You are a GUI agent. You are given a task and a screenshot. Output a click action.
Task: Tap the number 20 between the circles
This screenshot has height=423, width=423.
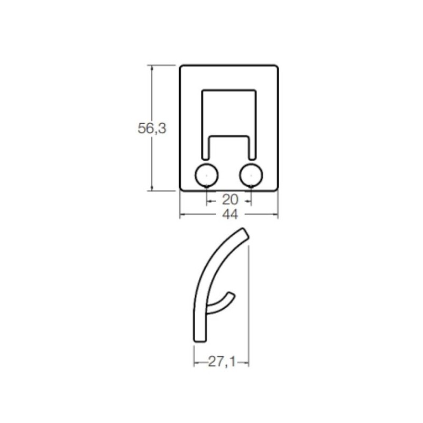[x=229, y=200]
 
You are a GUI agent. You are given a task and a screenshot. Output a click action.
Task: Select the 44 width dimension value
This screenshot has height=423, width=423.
[x=229, y=215]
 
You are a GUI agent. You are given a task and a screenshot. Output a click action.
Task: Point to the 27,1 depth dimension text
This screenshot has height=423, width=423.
[x=222, y=362]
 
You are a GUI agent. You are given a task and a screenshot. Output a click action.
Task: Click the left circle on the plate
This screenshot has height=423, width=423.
[x=206, y=174]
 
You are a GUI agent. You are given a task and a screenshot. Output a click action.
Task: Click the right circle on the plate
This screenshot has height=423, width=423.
[x=251, y=174]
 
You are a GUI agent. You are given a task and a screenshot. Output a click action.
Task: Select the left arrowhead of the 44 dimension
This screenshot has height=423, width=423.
[x=182, y=215]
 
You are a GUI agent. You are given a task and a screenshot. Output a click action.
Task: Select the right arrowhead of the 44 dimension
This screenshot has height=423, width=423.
[x=276, y=215]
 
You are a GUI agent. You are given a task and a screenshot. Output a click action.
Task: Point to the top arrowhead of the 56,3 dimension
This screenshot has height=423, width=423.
[x=152, y=67]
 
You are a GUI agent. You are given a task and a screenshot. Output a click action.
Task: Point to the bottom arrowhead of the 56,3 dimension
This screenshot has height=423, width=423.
[x=152, y=188]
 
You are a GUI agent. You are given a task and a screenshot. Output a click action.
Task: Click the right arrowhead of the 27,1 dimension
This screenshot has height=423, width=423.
[x=246, y=362]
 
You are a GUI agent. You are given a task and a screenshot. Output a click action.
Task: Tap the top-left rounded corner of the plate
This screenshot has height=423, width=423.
[x=182, y=67]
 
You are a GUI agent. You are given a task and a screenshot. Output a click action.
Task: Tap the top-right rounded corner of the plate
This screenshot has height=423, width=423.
[x=276, y=67]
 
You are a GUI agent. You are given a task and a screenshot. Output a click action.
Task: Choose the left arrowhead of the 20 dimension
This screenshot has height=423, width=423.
[x=208, y=200]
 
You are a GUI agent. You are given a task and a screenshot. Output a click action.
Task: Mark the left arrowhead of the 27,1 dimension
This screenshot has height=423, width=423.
[x=196, y=362]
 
